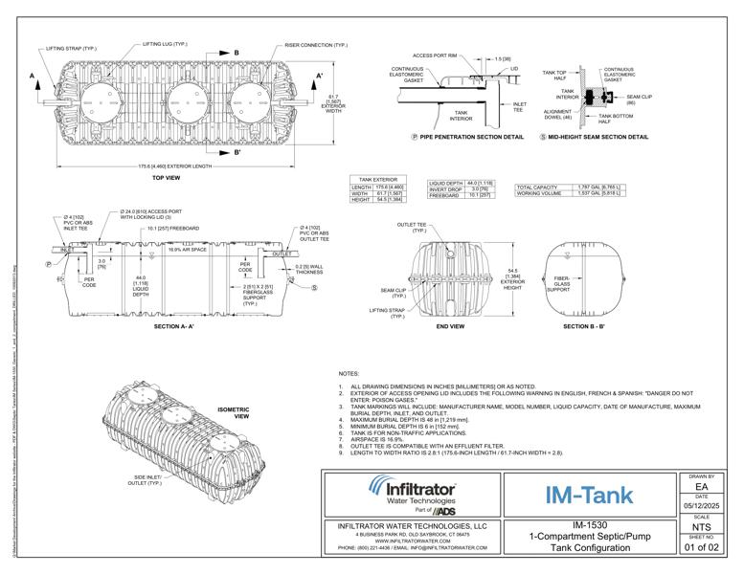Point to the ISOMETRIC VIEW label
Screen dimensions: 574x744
click(234, 413)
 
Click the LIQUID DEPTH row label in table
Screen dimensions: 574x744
click(445, 182)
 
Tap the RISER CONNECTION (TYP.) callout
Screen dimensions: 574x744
click(315, 44)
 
